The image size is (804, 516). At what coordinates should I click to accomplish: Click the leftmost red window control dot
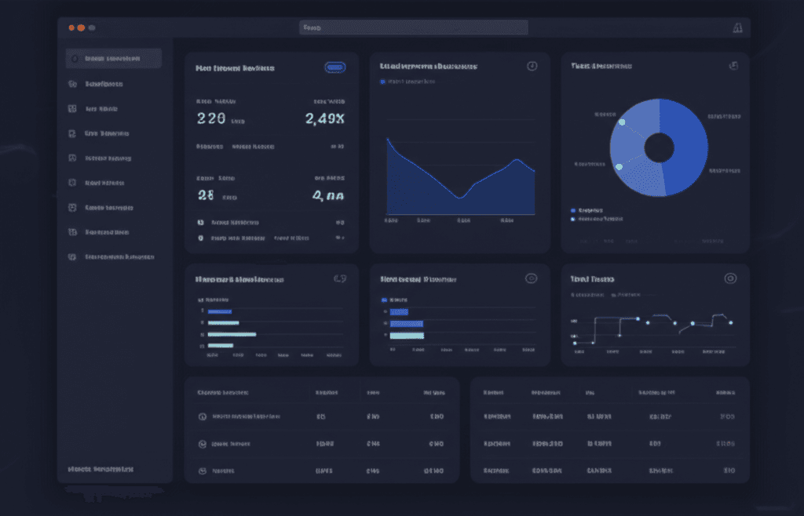[x=71, y=27]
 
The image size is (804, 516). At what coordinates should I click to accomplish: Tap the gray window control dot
[x=92, y=27]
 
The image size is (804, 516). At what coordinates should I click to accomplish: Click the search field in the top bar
[x=413, y=27]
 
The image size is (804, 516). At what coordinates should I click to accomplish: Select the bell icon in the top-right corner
[x=736, y=27]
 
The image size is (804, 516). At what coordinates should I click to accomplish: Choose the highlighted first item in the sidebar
[x=114, y=58]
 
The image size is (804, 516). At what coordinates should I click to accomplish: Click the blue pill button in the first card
[x=335, y=67]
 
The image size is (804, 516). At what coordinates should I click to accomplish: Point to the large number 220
[x=211, y=118]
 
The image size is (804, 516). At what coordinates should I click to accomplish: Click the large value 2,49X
[x=323, y=118]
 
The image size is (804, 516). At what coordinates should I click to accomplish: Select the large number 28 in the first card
[x=206, y=195]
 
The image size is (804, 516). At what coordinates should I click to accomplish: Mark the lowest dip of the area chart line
[x=460, y=198]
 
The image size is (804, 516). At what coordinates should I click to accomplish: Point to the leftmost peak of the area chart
[x=387, y=139]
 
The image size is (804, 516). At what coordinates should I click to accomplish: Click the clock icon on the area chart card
[x=532, y=67]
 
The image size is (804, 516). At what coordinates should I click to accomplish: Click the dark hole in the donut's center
[x=659, y=147]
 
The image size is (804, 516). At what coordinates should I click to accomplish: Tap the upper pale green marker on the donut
[x=622, y=122]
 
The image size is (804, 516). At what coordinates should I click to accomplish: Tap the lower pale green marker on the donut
[x=619, y=166]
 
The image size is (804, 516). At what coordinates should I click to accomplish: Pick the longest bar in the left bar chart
[x=232, y=334]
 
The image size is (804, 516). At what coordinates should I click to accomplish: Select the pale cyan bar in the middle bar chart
[x=407, y=336]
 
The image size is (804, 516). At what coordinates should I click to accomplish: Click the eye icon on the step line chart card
[x=730, y=278]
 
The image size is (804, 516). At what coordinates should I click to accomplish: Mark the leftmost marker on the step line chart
[x=575, y=343]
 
